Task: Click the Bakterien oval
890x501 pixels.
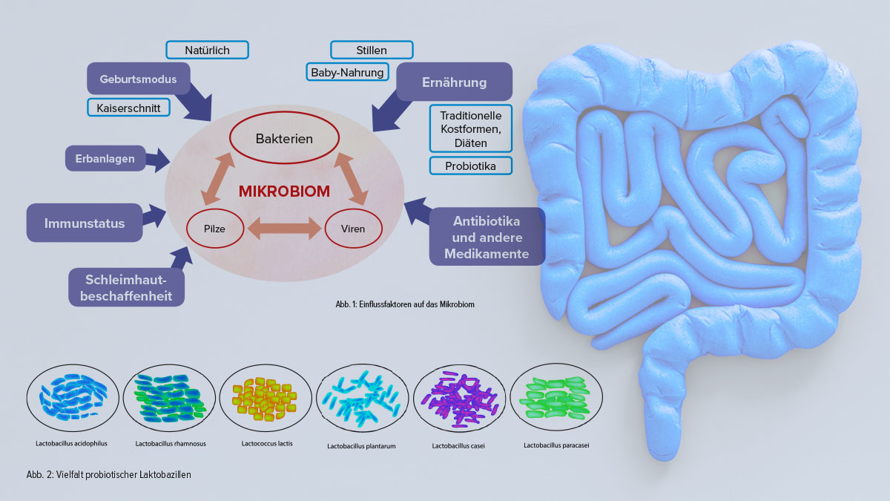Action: click(x=284, y=139)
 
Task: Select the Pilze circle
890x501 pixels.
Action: click(x=214, y=229)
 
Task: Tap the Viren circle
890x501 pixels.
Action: click(x=354, y=229)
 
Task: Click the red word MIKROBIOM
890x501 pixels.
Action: click(x=284, y=191)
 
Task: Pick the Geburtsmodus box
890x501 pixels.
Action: click(x=139, y=79)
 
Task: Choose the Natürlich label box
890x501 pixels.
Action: click(x=207, y=50)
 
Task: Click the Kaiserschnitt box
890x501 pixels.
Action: click(x=128, y=108)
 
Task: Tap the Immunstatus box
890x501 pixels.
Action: click(x=84, y=223)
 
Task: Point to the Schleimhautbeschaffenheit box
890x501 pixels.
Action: click(x=125, y=286)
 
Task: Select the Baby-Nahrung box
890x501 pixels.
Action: click(x=347, y=72)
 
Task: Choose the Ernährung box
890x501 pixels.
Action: click(x=454, y=82)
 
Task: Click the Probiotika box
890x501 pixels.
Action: click(x=470, y=166)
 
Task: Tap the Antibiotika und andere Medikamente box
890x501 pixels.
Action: click(x=487, y=238)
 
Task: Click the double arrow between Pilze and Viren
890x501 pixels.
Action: click(x=283, y=229)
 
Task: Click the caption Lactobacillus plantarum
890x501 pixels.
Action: click(x=362, y=446)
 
